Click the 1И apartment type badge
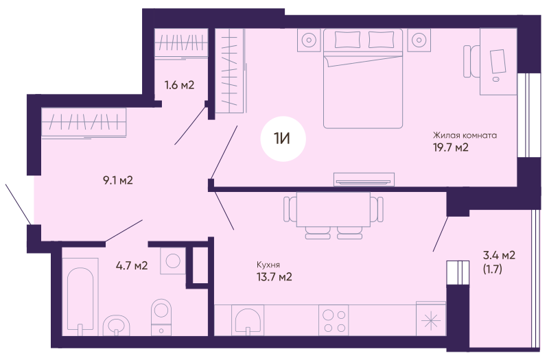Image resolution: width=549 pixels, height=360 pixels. (x=283, y=139)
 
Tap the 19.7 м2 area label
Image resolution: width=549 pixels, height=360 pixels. (x=451, y=147)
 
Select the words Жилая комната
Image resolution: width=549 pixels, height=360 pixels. (x=465, y=135)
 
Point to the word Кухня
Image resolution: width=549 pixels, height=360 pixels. (x=268, y=265)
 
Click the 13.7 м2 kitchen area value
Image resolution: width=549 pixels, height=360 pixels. (x=274, y=277)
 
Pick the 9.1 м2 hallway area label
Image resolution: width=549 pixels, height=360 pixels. (x=118, y=180)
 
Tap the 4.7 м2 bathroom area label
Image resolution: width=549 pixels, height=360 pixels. (x=132, y=265)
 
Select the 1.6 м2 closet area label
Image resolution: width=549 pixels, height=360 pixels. (x=179, y=85)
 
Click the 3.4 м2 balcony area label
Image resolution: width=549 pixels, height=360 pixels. (x=499, y=255)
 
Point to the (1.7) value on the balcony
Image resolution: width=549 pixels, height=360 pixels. (x=492, y=269)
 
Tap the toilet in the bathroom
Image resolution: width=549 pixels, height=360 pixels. (x=161, y=317)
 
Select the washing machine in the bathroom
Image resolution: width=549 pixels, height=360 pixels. (x=173, y=261)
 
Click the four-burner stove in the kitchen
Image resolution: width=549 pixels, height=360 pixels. (x=334, y=320)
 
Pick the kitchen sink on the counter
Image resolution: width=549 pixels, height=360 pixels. (x=248, y=320)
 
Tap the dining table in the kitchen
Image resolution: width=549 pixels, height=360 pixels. (x=334, y=209)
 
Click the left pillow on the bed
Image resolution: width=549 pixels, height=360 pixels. (x=347, y=40)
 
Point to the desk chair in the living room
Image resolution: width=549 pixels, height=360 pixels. (x=471, y=61)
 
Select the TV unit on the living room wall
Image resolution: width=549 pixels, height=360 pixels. (x=364, y=179)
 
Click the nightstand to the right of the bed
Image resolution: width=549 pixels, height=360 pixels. (x=419, y=40)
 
